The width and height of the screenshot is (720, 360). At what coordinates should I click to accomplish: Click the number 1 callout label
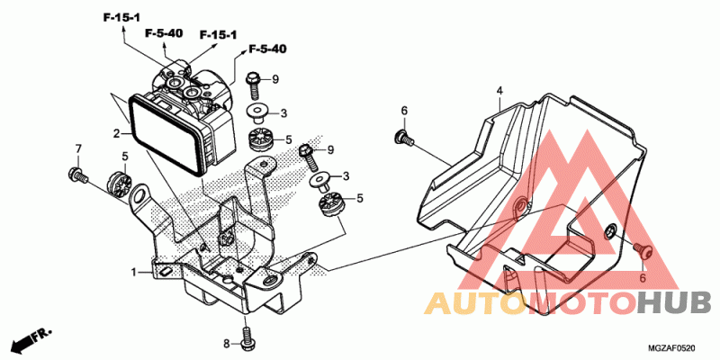click(x=133, y=271)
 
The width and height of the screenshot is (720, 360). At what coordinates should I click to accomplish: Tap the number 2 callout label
click(x=116, y=134)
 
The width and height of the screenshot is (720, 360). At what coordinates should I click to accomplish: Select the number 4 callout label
click(x=499, y=90)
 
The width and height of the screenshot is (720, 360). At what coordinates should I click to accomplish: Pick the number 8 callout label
click(x=228, y=344)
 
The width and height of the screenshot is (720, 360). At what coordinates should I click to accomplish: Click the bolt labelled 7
click(x=76, y=174)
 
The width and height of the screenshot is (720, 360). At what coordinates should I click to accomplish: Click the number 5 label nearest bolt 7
click(x=125, y=156)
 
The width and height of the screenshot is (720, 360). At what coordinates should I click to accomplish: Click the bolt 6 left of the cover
click(x=401, y=138)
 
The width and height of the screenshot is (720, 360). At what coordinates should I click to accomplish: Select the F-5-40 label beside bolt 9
click(x=267, y=48)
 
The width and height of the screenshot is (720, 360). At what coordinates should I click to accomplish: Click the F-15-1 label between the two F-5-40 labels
click(x=218, y=35)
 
